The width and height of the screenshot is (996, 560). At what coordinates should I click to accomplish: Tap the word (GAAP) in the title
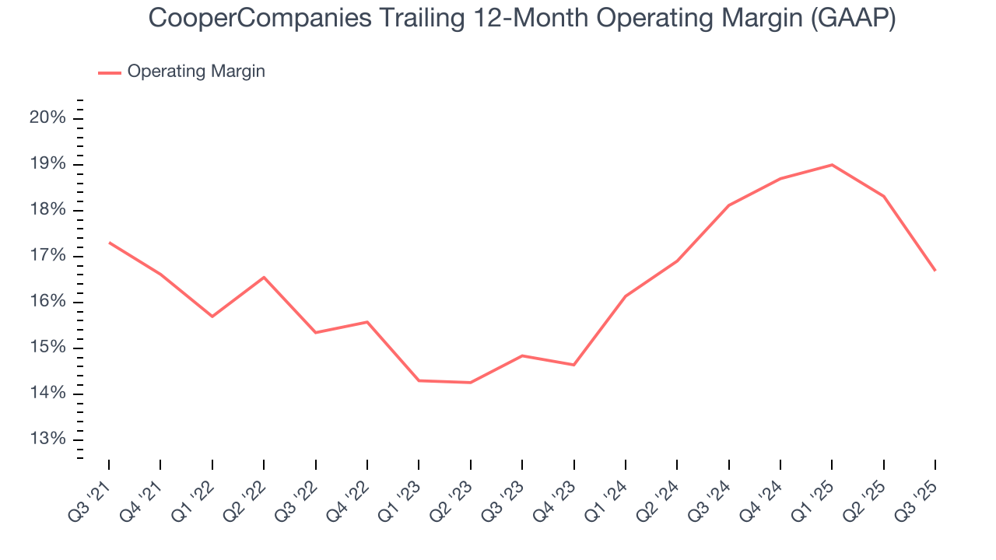[x=853, y=19]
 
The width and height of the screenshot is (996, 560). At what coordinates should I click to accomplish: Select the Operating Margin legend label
[x=196, y=72]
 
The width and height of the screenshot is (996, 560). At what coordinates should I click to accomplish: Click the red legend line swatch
[x=110, y=72]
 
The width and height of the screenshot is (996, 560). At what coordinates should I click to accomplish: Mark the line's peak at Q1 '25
[x=832, y=165]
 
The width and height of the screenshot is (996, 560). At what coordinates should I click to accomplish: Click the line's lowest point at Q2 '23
[x=471, y=383]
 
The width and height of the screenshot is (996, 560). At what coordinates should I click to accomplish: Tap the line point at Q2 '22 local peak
[x=264, y=277]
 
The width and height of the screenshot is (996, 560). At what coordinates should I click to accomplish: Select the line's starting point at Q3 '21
[x=109, y=243]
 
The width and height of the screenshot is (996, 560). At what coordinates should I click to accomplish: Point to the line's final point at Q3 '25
[x=935, y=271]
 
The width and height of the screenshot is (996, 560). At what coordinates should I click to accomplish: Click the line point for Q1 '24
[x=626, y=296]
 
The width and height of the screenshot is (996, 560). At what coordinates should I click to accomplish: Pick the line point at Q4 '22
[x=367, y=322]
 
